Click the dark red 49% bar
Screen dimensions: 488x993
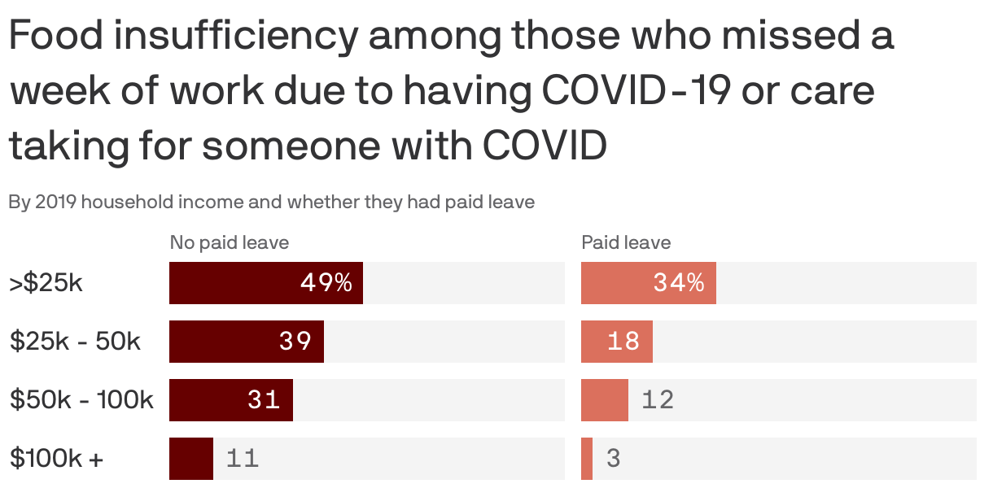coord(265,283)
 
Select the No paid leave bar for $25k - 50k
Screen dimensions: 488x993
coord(246,342)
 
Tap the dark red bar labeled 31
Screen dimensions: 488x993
coord(230,400)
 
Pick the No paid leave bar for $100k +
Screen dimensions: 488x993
coord(191,459)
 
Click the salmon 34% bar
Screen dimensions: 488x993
coord(648,283)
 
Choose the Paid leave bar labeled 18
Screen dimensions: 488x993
coord(616,342)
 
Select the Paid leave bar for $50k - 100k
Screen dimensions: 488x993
coord(604,400)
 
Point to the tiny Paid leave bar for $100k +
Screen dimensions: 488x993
coord(587,459)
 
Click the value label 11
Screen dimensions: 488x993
coord(243,459)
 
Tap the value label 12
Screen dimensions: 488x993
coord(658,400)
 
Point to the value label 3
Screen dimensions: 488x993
coord(614,459)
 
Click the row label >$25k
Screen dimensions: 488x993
coord(46,283)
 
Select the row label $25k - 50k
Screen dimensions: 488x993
coord(75,342)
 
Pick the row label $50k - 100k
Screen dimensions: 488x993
coord(81,400)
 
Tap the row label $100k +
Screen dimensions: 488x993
coord(57,459)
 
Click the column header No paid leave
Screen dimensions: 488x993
coord(229,242)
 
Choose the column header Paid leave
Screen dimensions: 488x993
coord(626,242)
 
